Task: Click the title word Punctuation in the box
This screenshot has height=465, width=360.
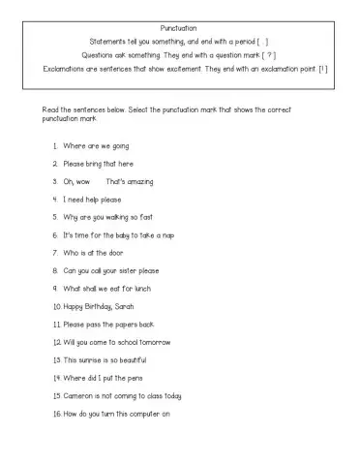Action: pos(180,29)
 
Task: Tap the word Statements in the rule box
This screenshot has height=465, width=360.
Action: pos(109,43)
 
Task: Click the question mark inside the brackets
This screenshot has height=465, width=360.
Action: pos(271,55)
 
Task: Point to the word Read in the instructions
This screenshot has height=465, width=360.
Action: pos(43,109)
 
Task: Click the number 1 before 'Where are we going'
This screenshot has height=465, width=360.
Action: pos(55,146)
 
